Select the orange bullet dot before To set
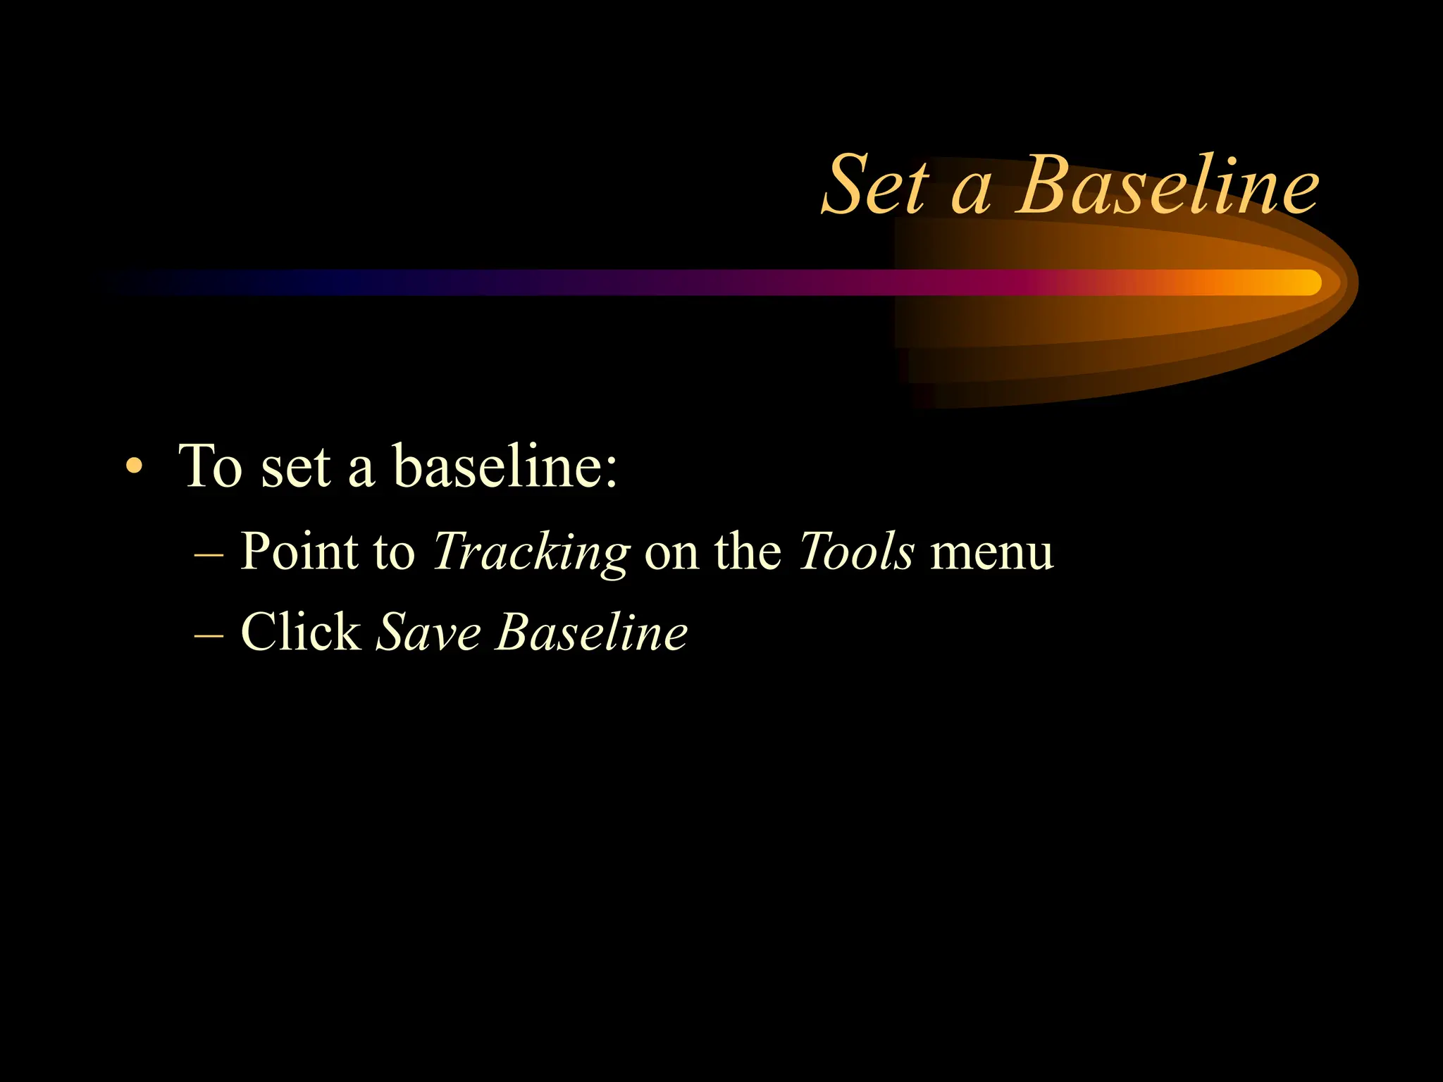134,467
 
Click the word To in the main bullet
211,466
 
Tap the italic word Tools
856,552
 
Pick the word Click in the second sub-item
301,632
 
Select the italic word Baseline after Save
592,632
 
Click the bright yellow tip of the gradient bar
1303,282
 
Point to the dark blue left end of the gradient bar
211,282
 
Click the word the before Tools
748,552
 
